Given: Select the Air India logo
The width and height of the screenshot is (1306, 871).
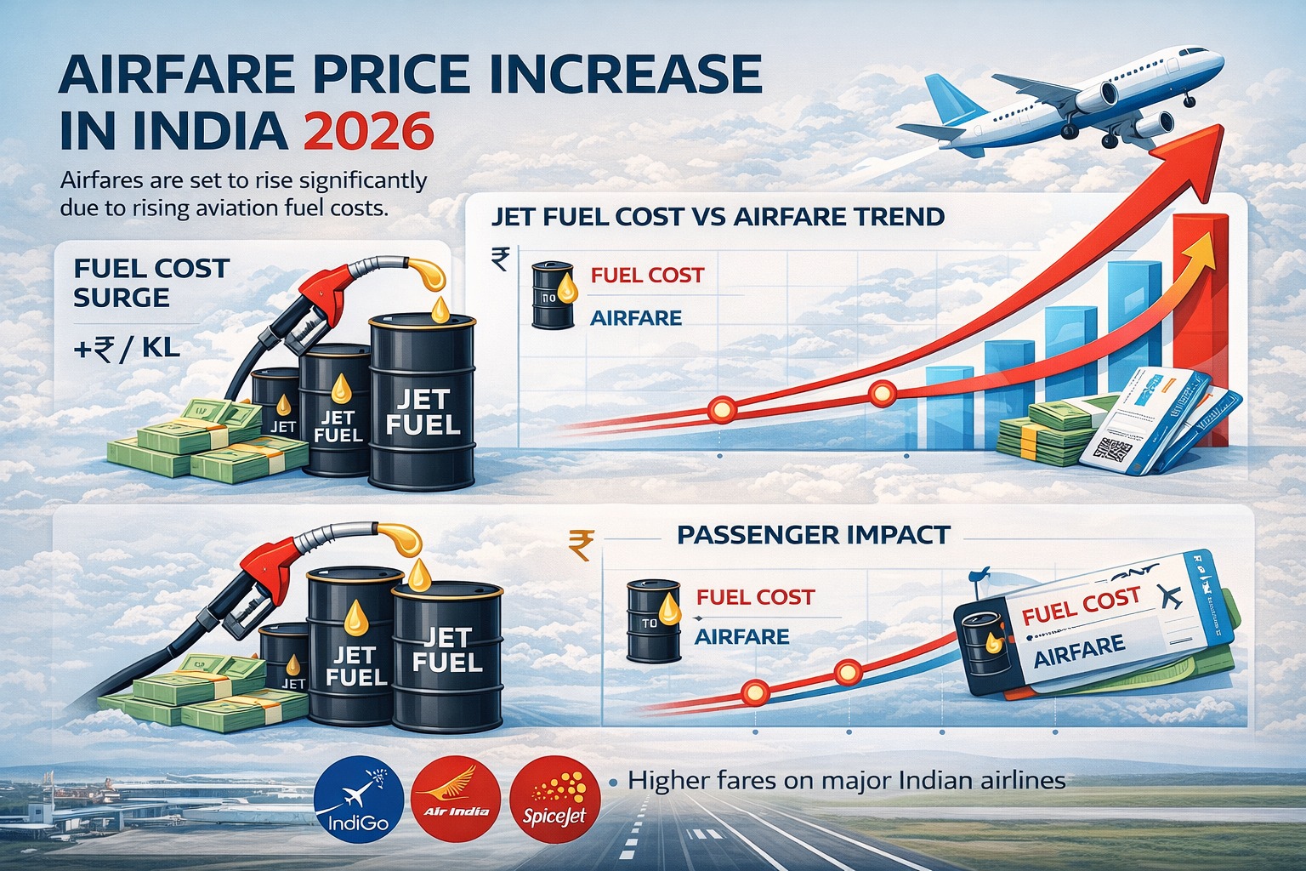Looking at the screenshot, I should [x=456, y=800].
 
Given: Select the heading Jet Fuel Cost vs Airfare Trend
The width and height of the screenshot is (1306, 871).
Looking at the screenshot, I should [x=718, y=216].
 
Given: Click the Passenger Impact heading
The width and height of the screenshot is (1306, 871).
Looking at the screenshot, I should [x=814, y=535].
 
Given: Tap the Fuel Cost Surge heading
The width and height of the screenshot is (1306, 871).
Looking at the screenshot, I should [x=151, y=282].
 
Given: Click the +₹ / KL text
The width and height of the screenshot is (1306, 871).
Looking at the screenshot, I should [x=127, y=348].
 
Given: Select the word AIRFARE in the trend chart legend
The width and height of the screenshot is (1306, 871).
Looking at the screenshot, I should [x=635, y=318].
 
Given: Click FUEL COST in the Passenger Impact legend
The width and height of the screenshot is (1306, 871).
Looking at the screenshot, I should [x=754, y=597].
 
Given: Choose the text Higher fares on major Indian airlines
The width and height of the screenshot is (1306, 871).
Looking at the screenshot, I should [x=846, y=780].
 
